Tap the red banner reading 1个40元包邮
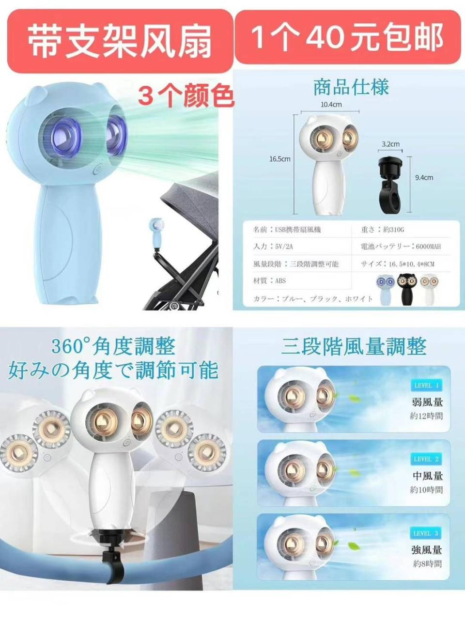[x=347, y=37]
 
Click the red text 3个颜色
[x=186, y=95]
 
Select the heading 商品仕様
[x=351, y=88]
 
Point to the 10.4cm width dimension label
[x=331, y=105]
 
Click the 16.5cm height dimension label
[x=280, y=159]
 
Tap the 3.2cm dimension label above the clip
[x=390, y=144]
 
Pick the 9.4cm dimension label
[x=424, y=178]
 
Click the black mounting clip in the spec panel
[x=391, y=184]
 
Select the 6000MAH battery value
[x=428, y=247]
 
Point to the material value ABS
[x=280, y=280]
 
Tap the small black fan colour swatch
[x=406, y=288]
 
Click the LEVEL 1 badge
[x=426, y=386]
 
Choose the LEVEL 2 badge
[x=426, y=459]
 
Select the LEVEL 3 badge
[x=426, y=533]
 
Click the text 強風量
[x=427, y=550]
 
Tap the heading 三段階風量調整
[x=354, y=347]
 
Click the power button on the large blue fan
[x=97, y=170]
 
